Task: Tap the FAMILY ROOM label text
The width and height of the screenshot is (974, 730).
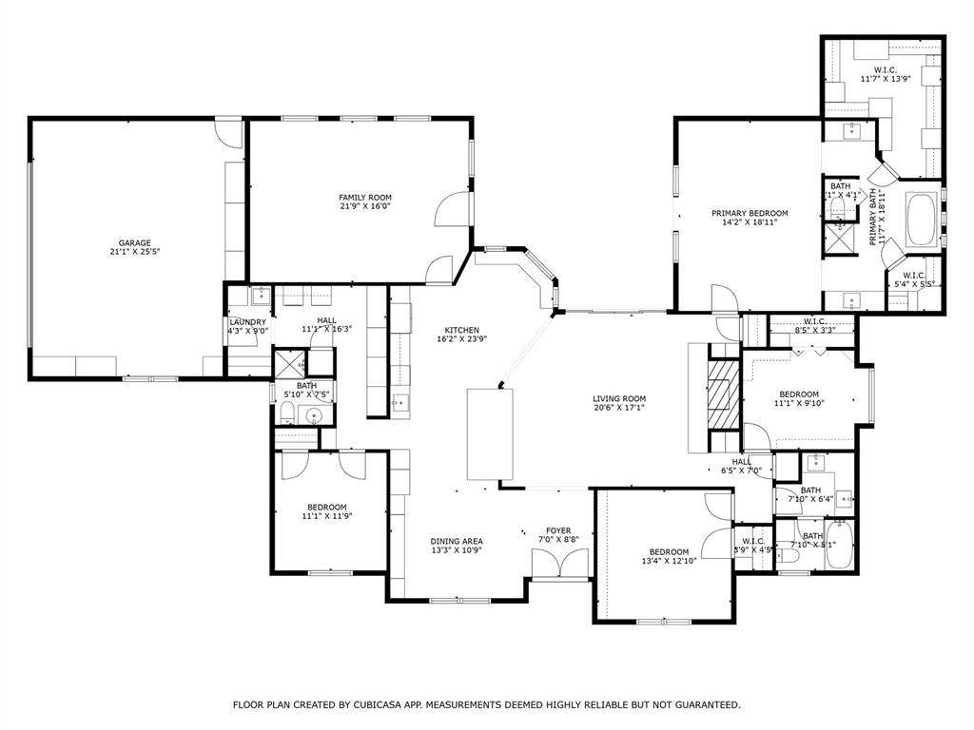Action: (x=365, y=197)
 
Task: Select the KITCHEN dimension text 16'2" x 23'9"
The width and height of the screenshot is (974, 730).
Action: (x=458, y=338)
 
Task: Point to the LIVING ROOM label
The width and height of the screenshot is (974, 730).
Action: (x=619, y=399)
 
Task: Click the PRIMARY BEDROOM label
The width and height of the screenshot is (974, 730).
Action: (x=750, y=213)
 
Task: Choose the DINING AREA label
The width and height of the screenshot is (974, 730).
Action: (x=457, y=541)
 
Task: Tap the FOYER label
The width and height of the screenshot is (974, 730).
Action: (x=558, y=530)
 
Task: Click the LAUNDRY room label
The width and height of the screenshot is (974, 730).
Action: (x=247, y=322)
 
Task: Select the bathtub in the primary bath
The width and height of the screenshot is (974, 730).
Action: (x=921, y=220)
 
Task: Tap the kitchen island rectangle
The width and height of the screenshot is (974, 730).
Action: (x=490, y=433)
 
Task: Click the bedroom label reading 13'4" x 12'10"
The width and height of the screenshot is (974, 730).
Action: (x=669, y=557)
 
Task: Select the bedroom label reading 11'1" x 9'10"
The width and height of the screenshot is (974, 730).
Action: (x=799, y=398)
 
